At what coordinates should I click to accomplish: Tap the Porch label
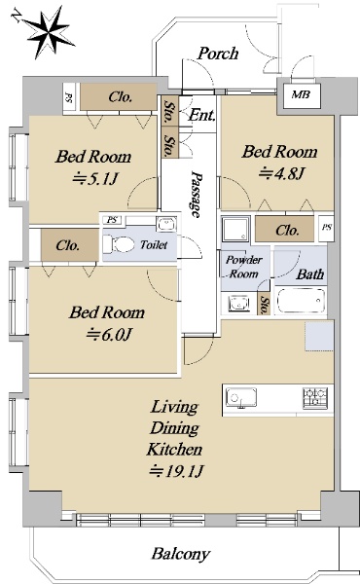click(x=218, y=54)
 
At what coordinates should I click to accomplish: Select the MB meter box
click(x=301, y=95)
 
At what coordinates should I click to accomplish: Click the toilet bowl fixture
click(x=119, y=245)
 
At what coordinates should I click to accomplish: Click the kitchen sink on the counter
click(x=241, y=398)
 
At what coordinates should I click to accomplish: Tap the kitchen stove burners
click(x=315, y=397)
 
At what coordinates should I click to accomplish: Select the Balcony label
click(x=181, y=554)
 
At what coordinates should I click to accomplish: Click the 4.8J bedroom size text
click(x=282, y=173)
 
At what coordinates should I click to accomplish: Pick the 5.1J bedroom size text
click(x=95, y=179)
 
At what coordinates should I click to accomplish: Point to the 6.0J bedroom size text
click(x=108, y=335)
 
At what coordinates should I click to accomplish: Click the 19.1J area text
click(x=176, y=471)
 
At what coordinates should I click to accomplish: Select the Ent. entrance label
click(x=201, y=115)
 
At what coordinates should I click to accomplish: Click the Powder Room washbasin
click(x=237, y=302)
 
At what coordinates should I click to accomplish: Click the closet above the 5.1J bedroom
click(x=119, y=96)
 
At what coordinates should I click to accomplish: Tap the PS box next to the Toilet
click(x=112, y=220)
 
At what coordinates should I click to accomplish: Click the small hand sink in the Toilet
click(x=166, y=224)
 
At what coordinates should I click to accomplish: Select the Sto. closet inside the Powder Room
click(x=264, y=303)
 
